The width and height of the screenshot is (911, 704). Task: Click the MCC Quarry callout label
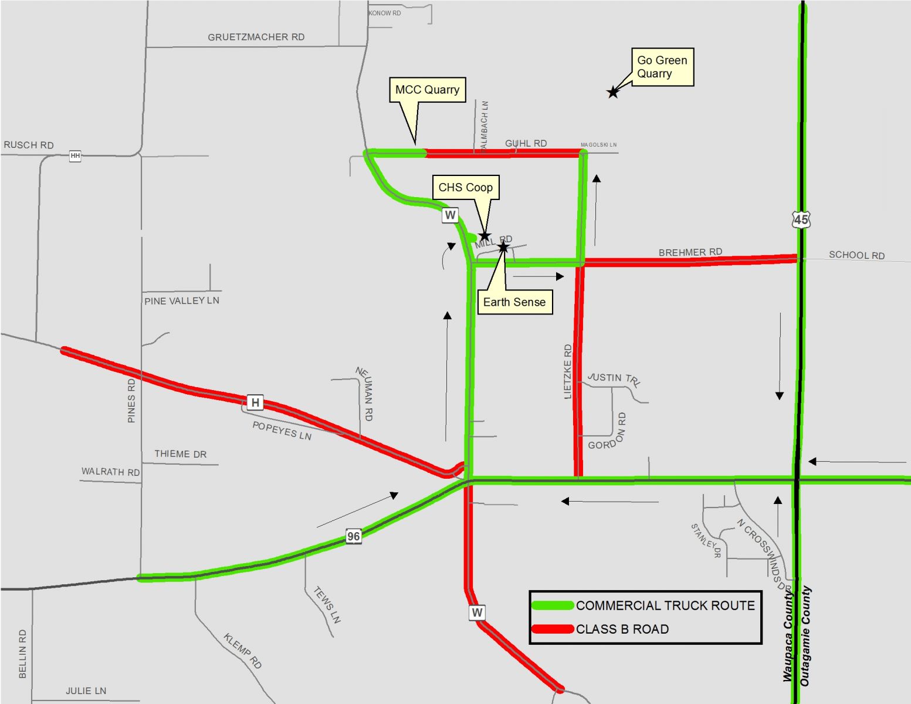(x=427, y=90)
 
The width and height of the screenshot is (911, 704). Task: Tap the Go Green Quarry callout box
(x=662, y=67)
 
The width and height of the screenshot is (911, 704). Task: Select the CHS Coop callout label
(x=466, y=188)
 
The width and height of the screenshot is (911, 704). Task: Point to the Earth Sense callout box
(x=514, y=302)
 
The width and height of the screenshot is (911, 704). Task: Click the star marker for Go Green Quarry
(x=613, y=92)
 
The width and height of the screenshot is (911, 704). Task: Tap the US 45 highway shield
(x=801, y=219)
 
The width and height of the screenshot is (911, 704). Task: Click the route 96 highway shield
(x=353, y=536)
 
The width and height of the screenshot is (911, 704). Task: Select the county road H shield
(x=255, y=402)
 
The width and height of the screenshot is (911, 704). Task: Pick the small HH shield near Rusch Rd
(x=75, y=156)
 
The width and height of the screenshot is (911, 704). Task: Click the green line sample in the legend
(x=552, y=605)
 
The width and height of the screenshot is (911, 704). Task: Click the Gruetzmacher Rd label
(x=256, y=37)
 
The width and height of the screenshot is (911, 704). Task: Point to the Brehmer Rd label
(x=690, y=252)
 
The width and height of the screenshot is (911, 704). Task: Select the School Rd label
(x=856, y=255)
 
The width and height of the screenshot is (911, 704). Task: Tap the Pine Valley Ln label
(x=182, y=301)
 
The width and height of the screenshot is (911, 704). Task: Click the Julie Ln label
(x=86, y=691)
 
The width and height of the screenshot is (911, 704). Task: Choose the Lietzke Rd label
(x=567, y=372)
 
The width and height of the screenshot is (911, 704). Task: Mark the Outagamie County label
(x=806, y=636)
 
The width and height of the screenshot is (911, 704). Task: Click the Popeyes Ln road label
(x=282, y=431)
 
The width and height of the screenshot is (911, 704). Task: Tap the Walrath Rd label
(x=110, y=472)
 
